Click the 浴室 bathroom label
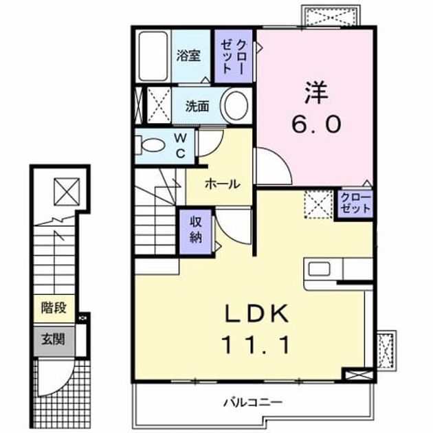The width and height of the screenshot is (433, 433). tap(188, 56)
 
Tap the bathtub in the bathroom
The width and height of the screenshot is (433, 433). tap(153, 56)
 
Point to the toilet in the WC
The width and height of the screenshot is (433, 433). tap(151, 144)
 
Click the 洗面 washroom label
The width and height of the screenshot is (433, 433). tap(197, 107)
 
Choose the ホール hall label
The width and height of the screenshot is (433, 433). tap(222, 184)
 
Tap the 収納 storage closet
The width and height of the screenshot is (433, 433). tap(195, 232)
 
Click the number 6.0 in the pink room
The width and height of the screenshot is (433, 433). tap(316, 124)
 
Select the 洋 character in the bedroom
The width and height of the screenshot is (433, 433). tap(316, 93)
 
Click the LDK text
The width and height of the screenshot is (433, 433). tap(257, 313)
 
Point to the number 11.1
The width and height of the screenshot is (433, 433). tap(257, 344)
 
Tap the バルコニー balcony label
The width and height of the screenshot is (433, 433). tap(253, 402)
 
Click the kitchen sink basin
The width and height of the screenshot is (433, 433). tap(319, 269)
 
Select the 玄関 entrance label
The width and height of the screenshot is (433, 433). tap(54, 339)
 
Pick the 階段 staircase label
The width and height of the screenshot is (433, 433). tap(54, 308)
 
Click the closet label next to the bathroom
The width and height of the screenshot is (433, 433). tap(234, 56)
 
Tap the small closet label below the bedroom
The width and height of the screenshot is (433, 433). tap(355, 203)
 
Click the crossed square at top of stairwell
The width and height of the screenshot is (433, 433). tap(67, 192)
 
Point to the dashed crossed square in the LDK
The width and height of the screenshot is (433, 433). tap(318, 205)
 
